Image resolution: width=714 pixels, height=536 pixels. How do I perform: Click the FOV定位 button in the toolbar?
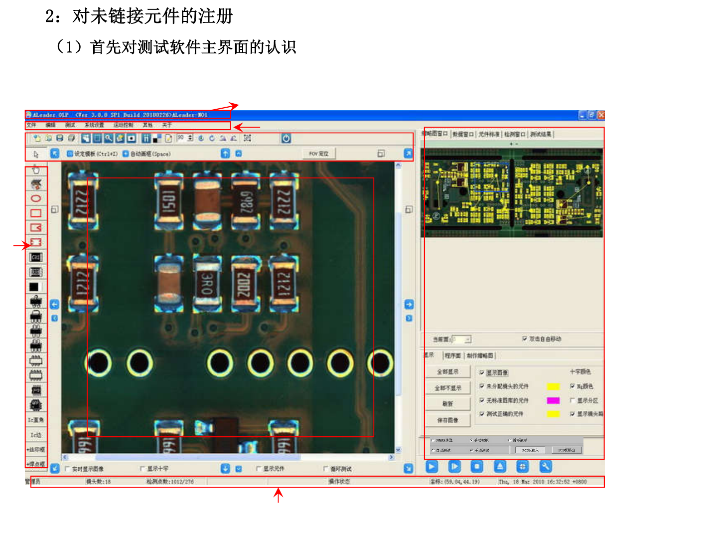318,154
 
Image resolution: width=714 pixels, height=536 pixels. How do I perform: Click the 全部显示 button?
447,372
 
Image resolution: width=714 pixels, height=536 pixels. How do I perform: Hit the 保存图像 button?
447,420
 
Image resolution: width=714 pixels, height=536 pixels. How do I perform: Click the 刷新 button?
447,404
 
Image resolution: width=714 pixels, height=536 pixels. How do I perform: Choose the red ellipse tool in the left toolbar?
36,198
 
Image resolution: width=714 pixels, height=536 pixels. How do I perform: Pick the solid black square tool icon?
34,287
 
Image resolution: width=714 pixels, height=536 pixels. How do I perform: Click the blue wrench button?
546,467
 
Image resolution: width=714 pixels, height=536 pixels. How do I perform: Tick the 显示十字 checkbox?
143,469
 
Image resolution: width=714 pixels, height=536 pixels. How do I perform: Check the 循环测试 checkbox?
326,469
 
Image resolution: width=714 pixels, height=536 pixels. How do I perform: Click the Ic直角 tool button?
36,420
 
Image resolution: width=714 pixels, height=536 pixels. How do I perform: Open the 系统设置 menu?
94,125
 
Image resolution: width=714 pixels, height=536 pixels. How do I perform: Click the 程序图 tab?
453,356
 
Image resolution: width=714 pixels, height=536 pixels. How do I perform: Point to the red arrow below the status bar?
279,495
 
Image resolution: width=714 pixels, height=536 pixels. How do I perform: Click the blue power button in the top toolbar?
286,139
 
